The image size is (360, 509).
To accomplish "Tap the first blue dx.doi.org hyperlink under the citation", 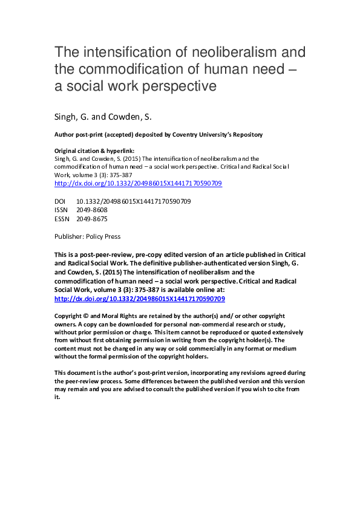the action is (x=138, y=183).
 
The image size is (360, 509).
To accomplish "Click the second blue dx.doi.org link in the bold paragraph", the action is (x=139, y=299).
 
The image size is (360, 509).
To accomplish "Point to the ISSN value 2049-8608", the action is (x=92, y=210).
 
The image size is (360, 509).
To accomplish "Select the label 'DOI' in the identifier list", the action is (x=61, y=201).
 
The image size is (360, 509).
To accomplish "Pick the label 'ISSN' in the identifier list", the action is (x=61, y=210).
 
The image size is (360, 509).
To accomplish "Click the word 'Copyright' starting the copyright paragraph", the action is (x=68, y=316).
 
